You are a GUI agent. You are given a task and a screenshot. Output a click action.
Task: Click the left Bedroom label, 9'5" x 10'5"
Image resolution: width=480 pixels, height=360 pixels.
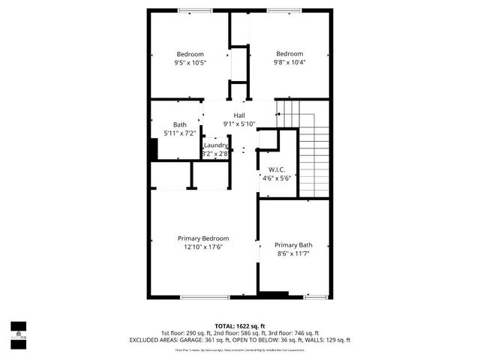coord(190,54)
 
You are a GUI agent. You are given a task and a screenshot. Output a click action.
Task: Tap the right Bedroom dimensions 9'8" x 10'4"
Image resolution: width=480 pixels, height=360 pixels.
coord(289,63)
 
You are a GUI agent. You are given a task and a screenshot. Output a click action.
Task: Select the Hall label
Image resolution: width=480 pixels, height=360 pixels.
coord(238,115)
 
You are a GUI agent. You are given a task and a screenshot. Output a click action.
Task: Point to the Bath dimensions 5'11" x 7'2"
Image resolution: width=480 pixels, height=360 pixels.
coord(179,133)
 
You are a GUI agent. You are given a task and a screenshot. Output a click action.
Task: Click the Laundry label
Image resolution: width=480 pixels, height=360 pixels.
coord(215,145)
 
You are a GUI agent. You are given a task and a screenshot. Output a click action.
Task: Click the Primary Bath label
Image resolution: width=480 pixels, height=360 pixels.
coord(293,245)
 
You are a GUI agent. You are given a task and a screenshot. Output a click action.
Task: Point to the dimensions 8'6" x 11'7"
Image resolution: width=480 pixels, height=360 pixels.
coord(293,254)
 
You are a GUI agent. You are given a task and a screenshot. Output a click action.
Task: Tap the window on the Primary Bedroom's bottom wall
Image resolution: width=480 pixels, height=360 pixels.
coord(205,297)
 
